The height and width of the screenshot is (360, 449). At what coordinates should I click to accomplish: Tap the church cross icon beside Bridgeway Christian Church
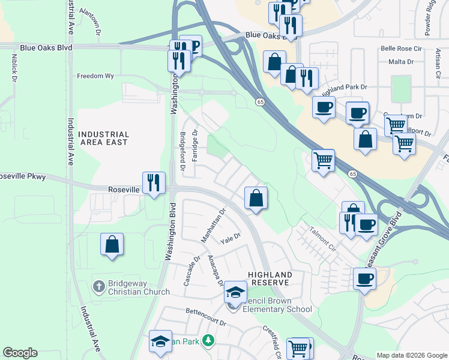[99, 286]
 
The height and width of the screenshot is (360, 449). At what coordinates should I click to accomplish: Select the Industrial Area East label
[104, 139]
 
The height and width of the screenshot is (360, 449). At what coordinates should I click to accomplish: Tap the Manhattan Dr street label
[212, 226]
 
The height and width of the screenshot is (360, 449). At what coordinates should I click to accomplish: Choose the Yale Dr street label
[230, 239]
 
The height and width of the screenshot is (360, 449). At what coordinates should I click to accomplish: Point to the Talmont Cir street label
[319, 238]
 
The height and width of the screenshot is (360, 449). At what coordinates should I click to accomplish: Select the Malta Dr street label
[402, 61]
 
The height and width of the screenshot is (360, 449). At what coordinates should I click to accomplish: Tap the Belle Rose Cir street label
[402, 49]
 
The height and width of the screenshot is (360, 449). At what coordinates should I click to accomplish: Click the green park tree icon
[208, 340]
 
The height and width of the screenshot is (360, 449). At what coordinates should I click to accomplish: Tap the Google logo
[20, 353]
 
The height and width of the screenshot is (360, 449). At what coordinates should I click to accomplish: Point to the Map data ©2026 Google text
[411, 355]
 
